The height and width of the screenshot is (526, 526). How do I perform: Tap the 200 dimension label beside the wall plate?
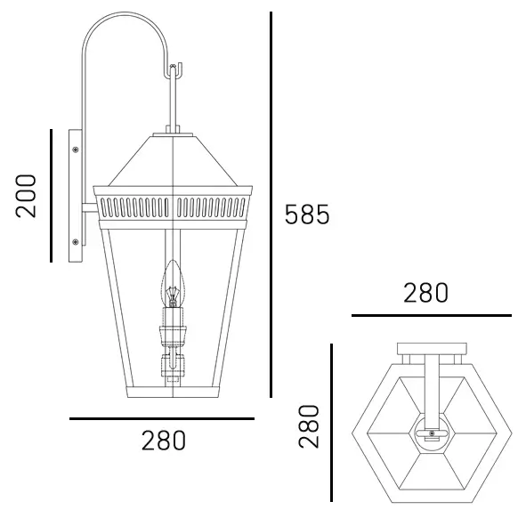27,196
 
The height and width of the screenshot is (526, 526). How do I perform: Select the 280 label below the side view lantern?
164,441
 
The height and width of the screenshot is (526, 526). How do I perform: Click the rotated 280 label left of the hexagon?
309,425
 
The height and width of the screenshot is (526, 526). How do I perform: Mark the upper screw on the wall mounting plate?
75,149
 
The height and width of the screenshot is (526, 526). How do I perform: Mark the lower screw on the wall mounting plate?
75,240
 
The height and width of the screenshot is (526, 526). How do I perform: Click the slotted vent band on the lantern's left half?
134,206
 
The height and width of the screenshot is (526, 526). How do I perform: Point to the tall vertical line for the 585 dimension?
271,205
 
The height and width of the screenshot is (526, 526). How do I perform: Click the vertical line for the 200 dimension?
52,196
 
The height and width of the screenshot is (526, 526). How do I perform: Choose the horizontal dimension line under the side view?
162,418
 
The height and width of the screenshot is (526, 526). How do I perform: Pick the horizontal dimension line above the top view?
431,315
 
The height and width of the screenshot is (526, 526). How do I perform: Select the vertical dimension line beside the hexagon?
331,424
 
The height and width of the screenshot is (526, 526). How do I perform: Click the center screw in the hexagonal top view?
433,434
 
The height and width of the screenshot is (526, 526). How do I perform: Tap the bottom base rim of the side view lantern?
173,392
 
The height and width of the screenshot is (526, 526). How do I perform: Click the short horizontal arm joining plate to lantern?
90,210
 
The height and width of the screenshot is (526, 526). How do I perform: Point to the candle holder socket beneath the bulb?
173,335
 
